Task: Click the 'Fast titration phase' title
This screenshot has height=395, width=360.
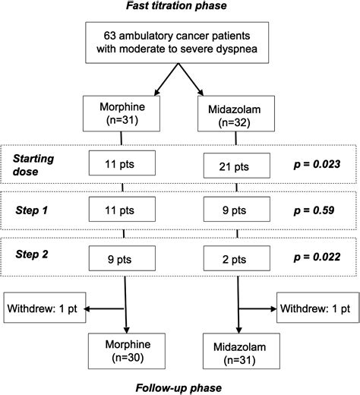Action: pos(180,7)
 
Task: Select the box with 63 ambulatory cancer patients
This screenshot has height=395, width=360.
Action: pos(180,43)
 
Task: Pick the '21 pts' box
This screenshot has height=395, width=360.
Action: pos(238,165)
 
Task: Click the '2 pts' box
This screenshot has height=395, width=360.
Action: pos(238,258)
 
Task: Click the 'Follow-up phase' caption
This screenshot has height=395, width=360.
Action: pos(180,387)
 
